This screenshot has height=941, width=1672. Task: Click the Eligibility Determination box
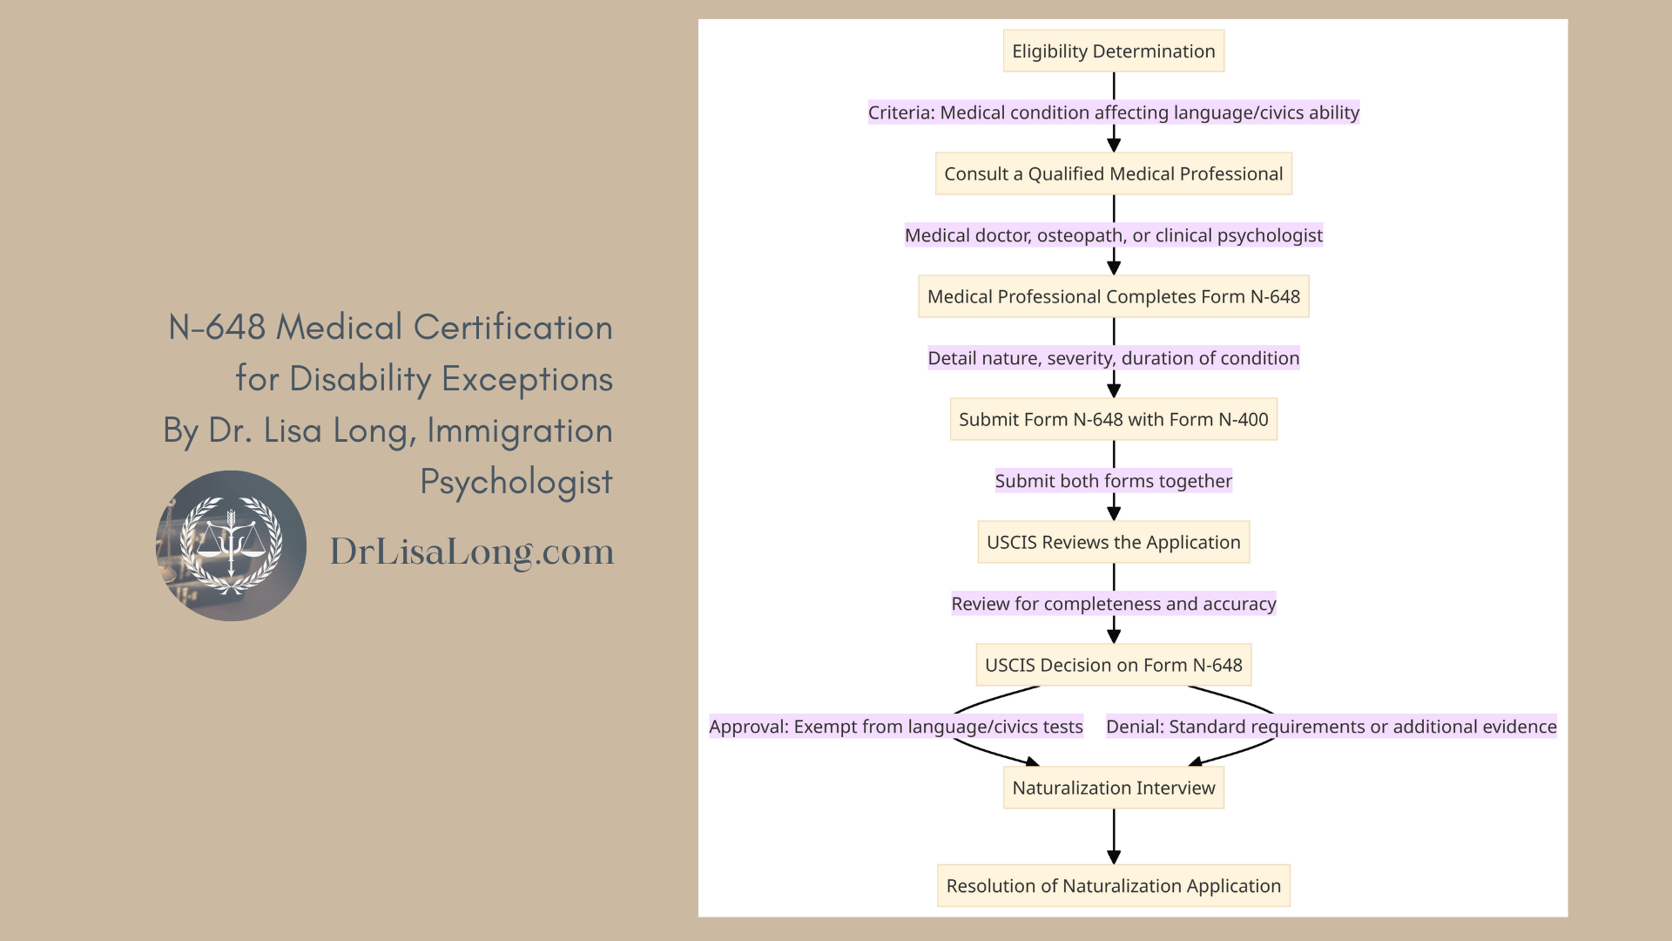tap(1113, 51)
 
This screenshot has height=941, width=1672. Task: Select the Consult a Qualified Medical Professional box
tap(1113, 174)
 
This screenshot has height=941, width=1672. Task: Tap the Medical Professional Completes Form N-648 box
tap(1113, 297)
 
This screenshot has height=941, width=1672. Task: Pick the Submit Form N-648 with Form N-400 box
tap(1113, 420)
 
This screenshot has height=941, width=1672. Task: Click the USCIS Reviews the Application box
tap(1113, 543)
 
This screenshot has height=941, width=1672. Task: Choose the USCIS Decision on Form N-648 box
tap(1113, 666)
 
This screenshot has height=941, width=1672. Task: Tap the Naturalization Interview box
tap(1113, 789)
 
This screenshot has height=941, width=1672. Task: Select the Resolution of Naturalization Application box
tap(1113, 886)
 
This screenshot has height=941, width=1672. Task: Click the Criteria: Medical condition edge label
tap(1113, 112)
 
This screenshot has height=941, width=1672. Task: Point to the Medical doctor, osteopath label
tap(1113, 235)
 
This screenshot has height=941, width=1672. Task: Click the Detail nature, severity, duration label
tap(1113, 358)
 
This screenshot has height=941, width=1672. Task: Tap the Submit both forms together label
tap(1113, 481)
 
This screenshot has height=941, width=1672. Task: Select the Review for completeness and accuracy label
tap(1113, 604)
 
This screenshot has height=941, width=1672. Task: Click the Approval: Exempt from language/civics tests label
tap(895, 727)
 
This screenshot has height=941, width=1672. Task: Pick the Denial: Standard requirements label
tap(1331, 727)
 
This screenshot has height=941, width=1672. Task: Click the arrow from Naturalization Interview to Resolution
tap(1113, 836)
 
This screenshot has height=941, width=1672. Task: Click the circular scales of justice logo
tap(231, 546)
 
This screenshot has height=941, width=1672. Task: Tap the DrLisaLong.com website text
tap(471, 552)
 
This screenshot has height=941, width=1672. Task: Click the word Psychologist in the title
tap(516, 482)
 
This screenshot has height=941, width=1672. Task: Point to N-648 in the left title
tap(217, 328)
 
